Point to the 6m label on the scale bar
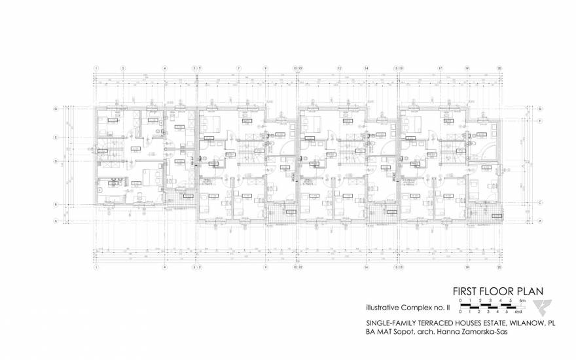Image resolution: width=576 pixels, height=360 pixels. pos(521,300)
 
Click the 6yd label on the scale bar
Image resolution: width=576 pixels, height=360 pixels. pos(522,312)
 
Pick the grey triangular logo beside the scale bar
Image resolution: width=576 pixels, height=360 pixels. pos(543,307)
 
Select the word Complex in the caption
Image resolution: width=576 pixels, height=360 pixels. pos(422,307)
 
